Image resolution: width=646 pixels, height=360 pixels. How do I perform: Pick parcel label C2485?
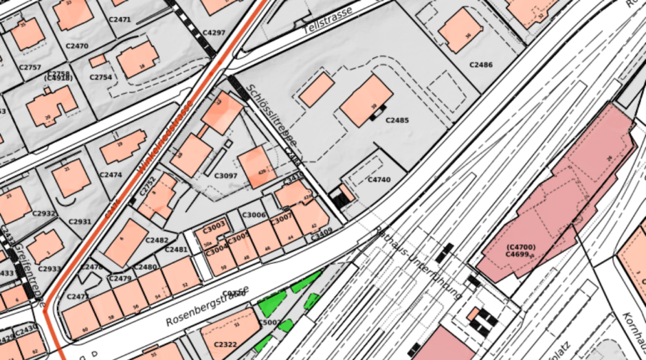point(397,120)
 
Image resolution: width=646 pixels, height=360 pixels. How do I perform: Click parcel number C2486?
point(481,65)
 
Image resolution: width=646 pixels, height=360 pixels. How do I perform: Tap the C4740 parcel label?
point(379,180)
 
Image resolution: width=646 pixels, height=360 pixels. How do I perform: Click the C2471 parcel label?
point(120,19)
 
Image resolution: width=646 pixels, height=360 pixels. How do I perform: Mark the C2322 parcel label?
point(225,344)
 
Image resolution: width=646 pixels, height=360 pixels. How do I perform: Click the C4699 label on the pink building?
point(518,254)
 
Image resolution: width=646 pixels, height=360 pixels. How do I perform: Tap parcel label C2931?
point(80,221)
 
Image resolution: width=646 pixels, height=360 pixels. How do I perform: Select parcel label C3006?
point(254,215)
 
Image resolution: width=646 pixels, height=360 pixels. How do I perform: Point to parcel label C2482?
point(157,240)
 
